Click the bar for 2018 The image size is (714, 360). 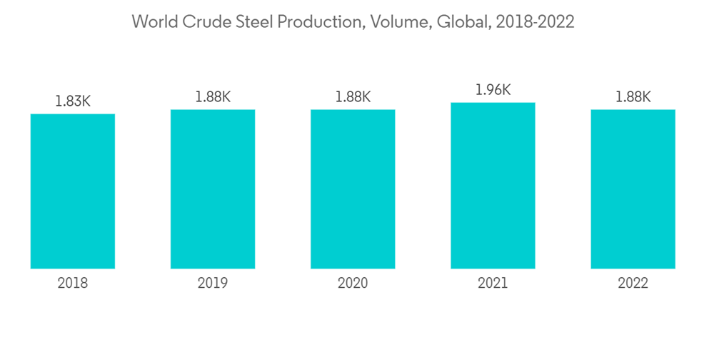click(x=73, y=191)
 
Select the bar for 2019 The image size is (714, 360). click(x=213, y=189)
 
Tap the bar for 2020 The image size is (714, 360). click(x=353, y=189)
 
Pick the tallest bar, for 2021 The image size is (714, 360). click(x=493, y=186)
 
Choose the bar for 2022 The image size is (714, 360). click(x=633, y=189)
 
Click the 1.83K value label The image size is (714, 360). click(x=73, y=101)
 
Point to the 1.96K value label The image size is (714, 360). click(x=493, y=90)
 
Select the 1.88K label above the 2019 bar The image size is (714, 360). click(x=213, y=96)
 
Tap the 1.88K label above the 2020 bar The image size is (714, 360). click(x=353, y=96)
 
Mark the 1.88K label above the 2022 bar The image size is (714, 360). click(x=633, y=96)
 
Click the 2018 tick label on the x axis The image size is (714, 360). click(x=73, y=284)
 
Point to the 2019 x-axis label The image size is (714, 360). click(x=213, y=284)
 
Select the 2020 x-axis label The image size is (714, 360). click(x=353, y=284)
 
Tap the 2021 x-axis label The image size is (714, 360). click(x=493, y=284)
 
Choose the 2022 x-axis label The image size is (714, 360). click(x=633, y=284)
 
